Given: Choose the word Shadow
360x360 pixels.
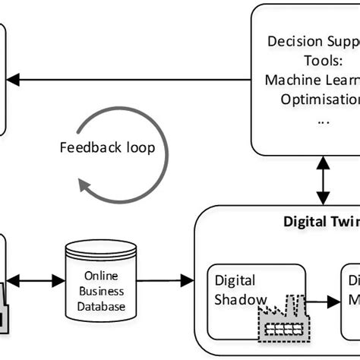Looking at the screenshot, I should [x=240, y=299].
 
